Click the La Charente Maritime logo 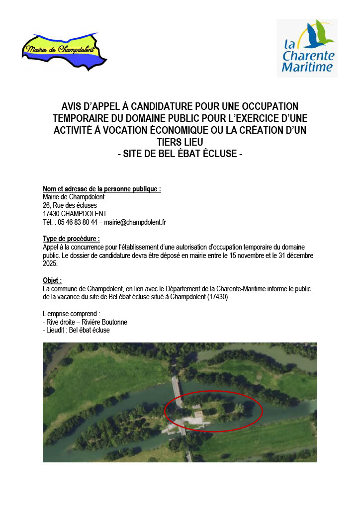click(307, 48)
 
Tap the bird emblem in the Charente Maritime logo click(318, 33)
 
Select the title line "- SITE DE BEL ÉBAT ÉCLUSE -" click(180, 155)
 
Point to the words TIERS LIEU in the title click(180, 143)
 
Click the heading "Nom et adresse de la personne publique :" click(102, 189)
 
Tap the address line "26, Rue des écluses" click(70, 205)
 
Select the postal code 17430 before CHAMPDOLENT click(52, 214)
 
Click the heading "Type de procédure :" click(72, 239)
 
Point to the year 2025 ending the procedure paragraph click(51, 263)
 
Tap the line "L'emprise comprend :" click(72, 314)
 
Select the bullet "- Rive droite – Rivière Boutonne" click(85, 322)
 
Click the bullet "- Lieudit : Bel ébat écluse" click(77, 330)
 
